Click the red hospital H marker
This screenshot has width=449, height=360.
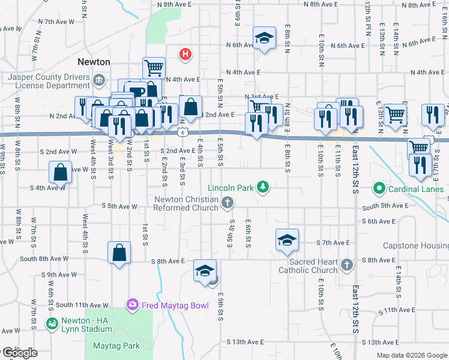point(185,55)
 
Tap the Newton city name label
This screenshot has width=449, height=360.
point(94,62)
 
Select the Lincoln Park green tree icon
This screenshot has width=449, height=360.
point(262,188)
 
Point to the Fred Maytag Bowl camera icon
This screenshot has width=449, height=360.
point(132,305)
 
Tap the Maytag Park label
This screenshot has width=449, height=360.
point(116,346)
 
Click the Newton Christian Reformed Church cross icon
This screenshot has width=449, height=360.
point(227,203)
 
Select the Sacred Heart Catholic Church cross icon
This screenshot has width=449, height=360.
point(346,265)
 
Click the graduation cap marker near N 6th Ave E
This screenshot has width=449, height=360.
point(264,39)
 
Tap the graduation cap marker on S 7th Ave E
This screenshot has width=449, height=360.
point(287,239)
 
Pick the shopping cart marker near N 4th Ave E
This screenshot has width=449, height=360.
point(154,67)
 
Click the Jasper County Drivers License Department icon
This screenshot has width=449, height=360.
point(99,79)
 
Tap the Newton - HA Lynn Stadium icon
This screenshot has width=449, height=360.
point(53,323)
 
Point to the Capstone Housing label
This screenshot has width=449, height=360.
point(416,246)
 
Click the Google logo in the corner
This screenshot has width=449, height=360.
point(19,353)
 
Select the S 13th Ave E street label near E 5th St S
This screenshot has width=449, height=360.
point(245,341)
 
